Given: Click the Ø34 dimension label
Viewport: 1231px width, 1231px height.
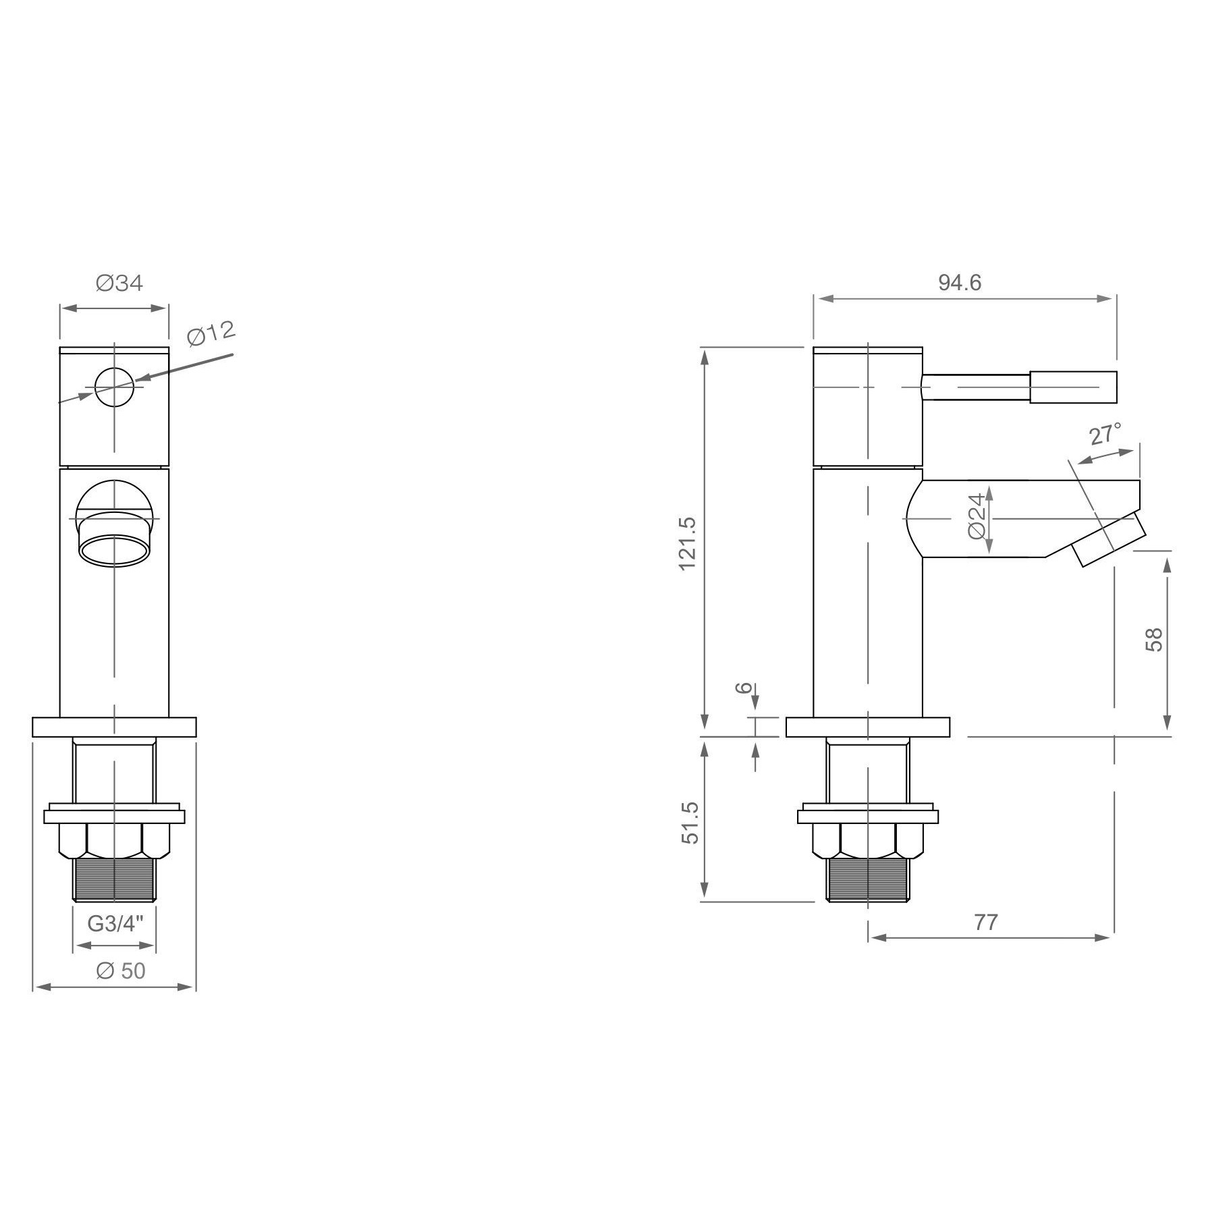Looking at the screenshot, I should click(119, 283).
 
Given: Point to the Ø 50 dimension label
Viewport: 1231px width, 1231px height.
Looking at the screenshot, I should click(121, 970).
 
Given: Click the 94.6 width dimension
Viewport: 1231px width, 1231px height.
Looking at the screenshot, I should click(960, 283).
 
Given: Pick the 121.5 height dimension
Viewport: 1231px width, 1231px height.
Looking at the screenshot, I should click(687, 543).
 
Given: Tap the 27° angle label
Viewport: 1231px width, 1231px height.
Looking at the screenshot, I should click(1105, 434).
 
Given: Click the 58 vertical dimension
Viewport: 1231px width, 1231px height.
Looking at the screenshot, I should click(1154, 639).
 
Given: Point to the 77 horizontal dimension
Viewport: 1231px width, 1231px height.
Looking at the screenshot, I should click(986, 922).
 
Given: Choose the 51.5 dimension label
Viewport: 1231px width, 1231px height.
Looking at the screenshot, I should click(690, 823).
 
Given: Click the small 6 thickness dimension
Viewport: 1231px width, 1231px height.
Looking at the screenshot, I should click(743, 688).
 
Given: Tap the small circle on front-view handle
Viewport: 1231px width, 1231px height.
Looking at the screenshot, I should click(114, 387).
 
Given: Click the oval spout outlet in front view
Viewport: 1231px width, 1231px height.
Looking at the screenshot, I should click(114, 549).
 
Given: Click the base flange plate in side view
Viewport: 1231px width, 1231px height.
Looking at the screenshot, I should click(868, 727).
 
